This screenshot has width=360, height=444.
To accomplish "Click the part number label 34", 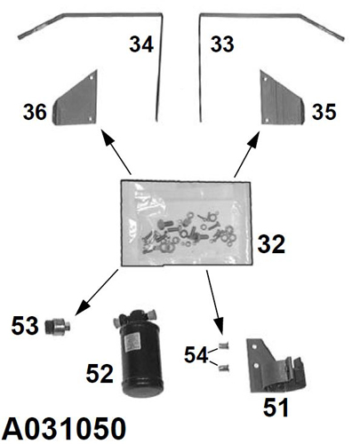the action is pos(141,44).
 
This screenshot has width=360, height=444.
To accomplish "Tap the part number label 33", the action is pos(222,44).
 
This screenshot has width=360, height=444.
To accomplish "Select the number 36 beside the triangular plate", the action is pos(35,112).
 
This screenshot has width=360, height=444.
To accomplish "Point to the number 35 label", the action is pos(324,112).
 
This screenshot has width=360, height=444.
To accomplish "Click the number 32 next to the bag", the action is pos(271,244).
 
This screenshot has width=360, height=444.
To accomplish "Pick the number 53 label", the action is pos(25,326).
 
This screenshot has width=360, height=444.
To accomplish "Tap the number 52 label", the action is pos(100,374).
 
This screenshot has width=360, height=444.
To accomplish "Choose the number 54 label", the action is pos(196,355).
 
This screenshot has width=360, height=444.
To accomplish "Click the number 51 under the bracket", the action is pos(276,408).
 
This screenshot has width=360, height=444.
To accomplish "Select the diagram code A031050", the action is pos(64,429).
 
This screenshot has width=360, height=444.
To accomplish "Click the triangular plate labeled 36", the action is pos(76,100).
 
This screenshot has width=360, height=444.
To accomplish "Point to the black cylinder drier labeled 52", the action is pos(140,353).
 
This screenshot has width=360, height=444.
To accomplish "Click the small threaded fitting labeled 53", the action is pos(59,327).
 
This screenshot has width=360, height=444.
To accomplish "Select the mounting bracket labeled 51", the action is pos(274,367).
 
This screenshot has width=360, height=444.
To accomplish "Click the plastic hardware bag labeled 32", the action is pos(187,224).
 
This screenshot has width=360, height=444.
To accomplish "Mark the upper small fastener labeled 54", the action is pos(224,345).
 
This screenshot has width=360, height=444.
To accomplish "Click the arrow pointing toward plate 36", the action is pos(116,152).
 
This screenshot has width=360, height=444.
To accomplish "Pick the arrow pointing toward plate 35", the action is pos(247,155).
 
